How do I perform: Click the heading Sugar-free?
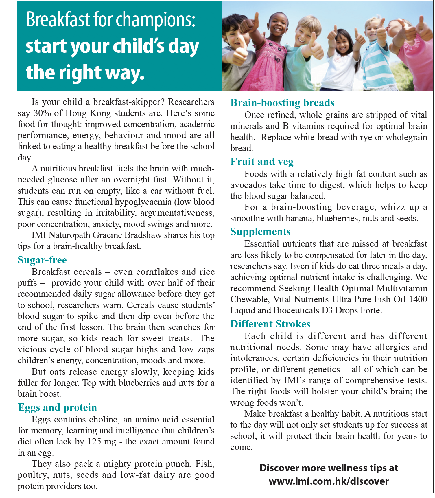(42, 260)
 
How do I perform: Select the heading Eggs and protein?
(57, 407)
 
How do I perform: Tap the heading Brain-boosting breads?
(282, 103)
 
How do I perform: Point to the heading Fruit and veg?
(262, 162)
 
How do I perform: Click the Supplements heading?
(260, 232)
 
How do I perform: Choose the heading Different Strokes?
(270, 324)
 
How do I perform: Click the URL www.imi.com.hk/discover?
(329, 481)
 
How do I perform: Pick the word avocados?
(248, 185)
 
